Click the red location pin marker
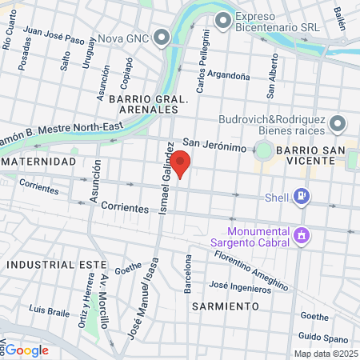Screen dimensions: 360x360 pyautogui.click(x=181, y=162)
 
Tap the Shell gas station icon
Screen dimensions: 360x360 pyautogui.click(x=301, y=194)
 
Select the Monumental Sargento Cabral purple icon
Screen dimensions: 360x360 pyautogui.click(x=301, y=234)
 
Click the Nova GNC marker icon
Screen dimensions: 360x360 pyautogui.click(x=162, y=37)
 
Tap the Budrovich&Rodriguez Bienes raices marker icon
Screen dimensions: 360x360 pyautogui.click(x=338, y=124)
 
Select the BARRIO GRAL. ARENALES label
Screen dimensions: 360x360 pyautogui.click(x=153, y=104)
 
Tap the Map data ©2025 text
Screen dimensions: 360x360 pyautogui.click(x=325, y=354)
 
